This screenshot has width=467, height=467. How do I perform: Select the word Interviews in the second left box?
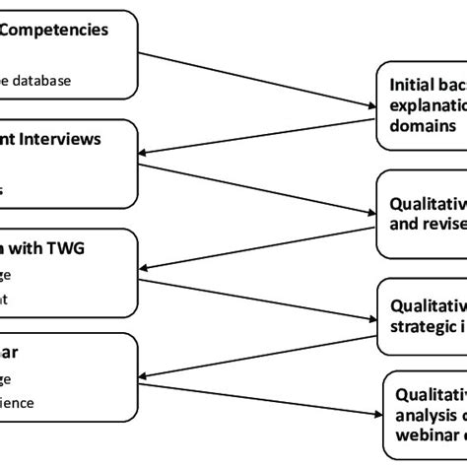[61, 139]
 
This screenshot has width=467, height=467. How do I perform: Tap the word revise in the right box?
[443, 223]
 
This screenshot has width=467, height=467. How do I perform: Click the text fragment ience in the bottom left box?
[37, 374]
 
